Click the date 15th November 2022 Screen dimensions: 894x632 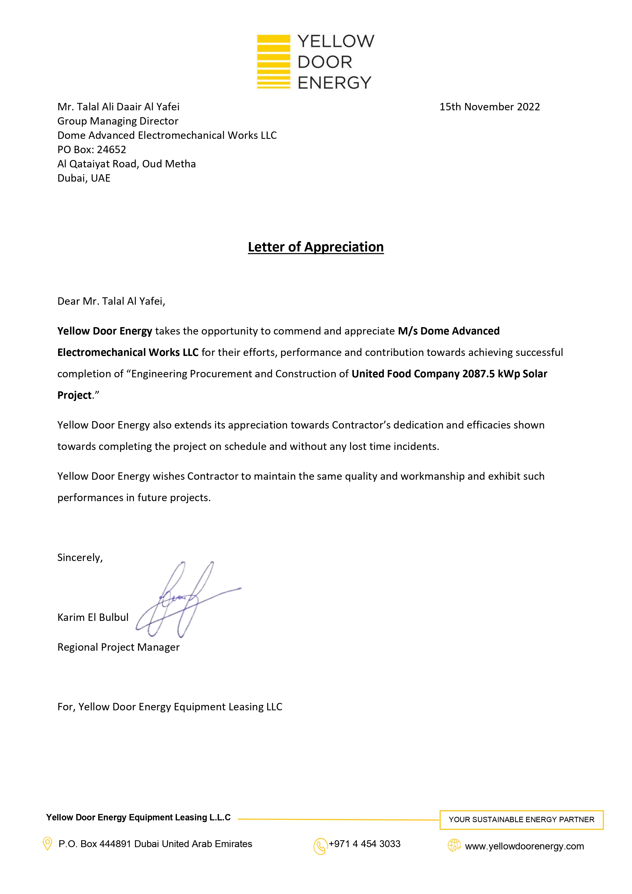tap(490, 107)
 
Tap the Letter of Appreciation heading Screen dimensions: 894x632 tap(316, 247)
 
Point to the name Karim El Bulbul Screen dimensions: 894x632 tap(93, 617)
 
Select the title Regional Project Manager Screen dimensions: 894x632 tap(118, 647)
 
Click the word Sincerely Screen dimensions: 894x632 tap(80, 558)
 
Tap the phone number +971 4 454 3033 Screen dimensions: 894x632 tap(365, 844)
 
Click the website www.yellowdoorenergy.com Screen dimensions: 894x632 tap(524, 846)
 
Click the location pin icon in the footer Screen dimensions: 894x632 tap(47, 844)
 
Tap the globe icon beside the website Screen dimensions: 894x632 tap(454, 845)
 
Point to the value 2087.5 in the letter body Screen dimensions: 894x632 tap(478, 374)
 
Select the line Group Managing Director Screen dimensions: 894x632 tap(118, 121)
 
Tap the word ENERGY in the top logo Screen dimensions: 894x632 tap(334, 83)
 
